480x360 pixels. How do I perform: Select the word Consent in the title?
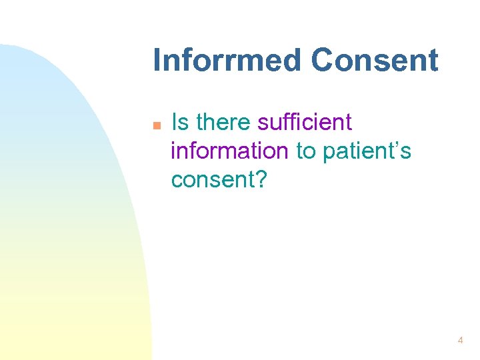click(375, 60)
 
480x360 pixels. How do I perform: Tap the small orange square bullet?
click(156, 125)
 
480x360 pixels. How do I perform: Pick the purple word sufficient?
click(304, 123)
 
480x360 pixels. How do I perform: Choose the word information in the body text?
click(229, 151)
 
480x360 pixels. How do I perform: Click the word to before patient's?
click(305, 152)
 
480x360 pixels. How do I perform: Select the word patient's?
click(367, 152)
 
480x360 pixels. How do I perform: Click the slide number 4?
click(460, 341)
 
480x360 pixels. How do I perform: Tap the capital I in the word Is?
click(175, 123)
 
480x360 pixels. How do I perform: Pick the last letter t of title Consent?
click(433, 61)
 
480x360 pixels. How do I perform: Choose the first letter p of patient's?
click(329, 154)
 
